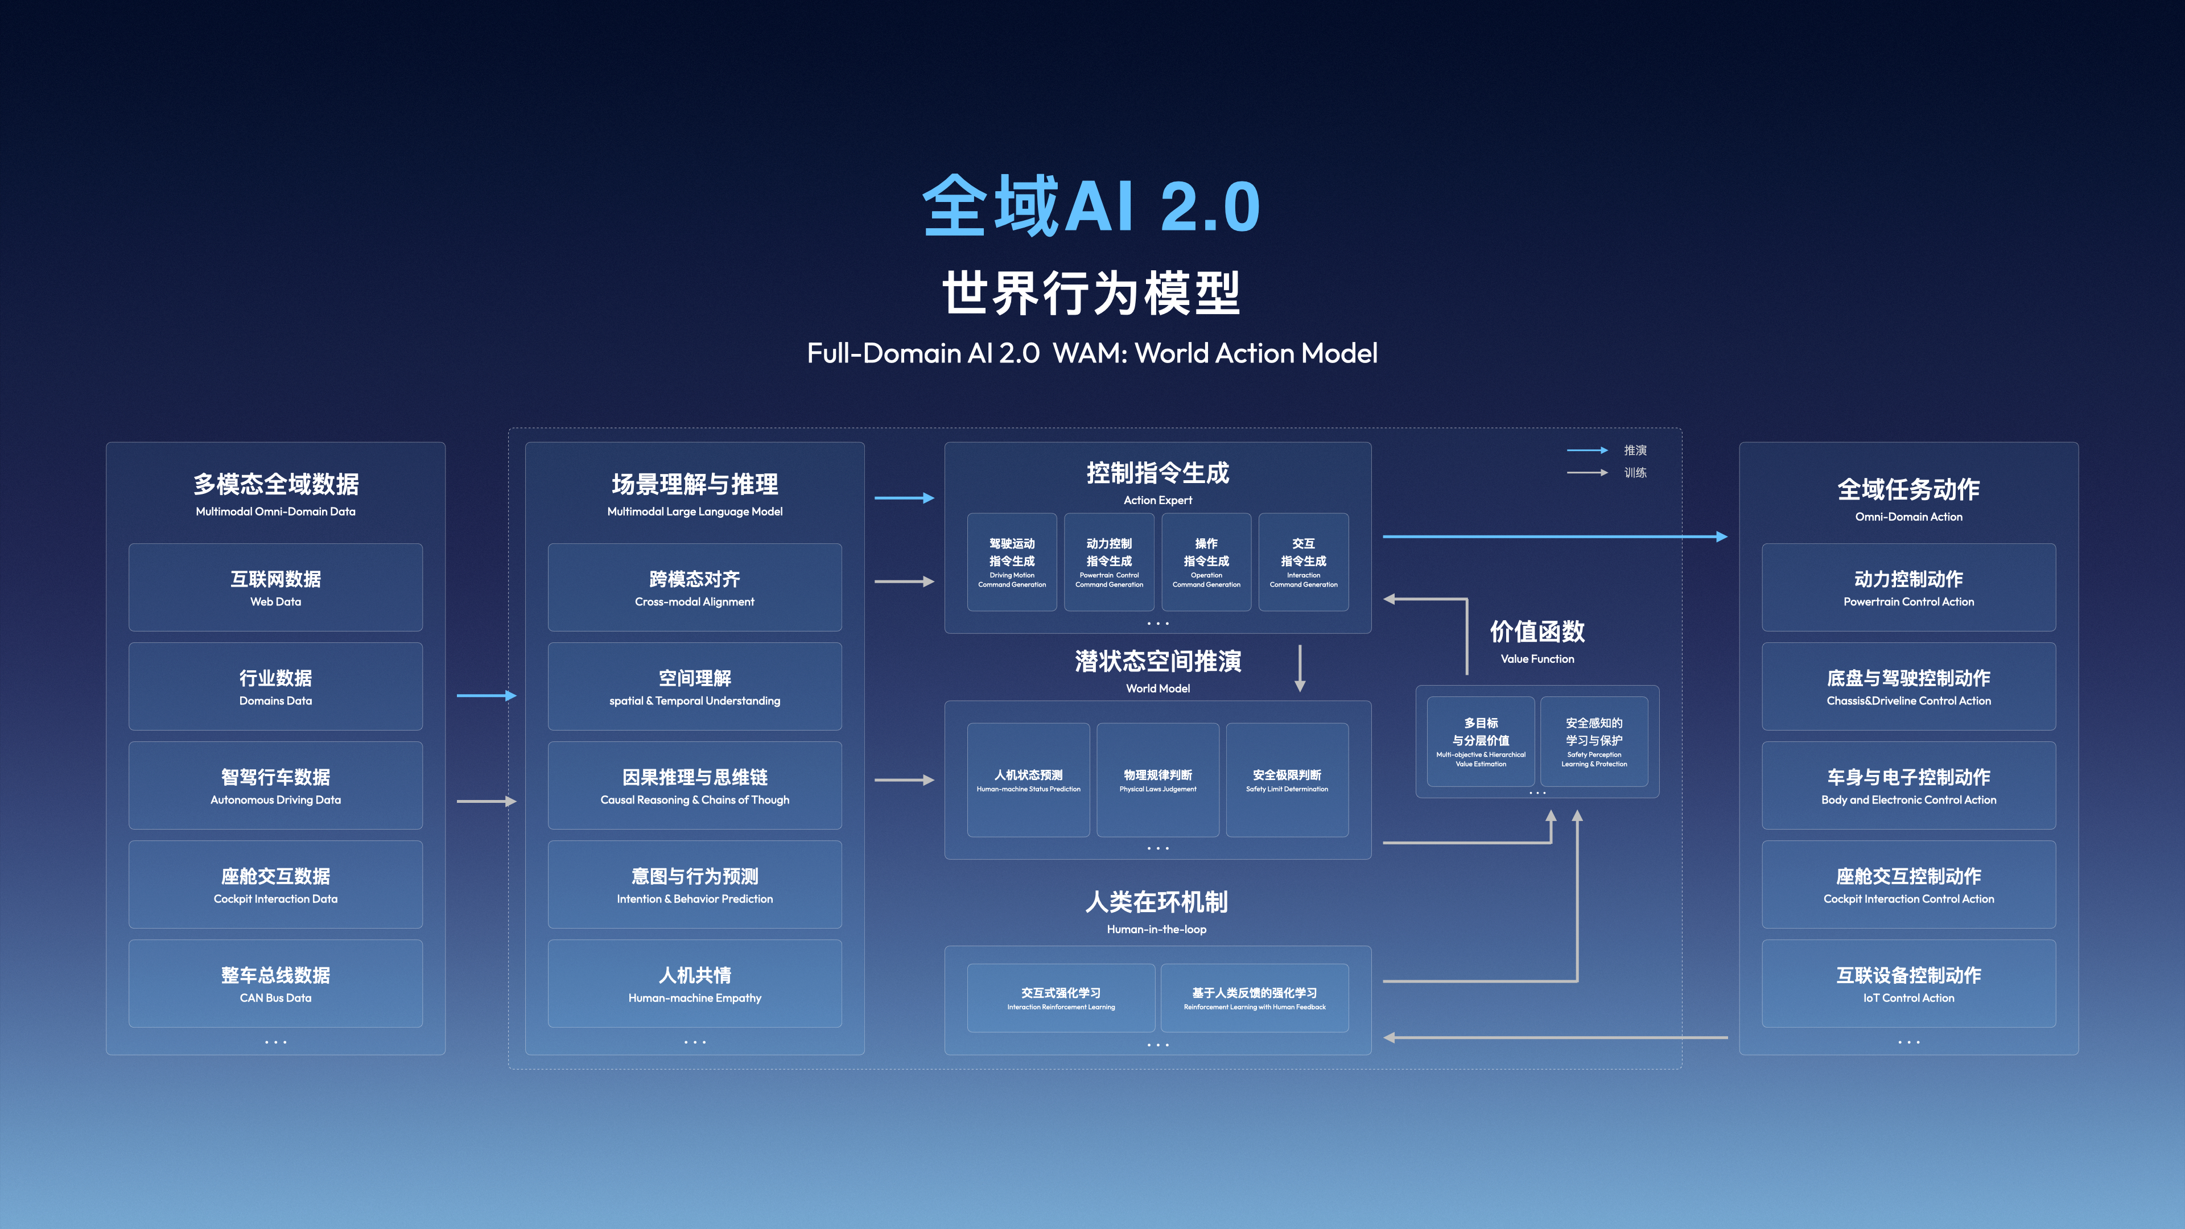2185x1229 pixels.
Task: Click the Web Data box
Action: click(275, 587)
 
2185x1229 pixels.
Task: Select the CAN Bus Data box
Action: click(275, 983)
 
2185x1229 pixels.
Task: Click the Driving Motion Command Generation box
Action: click(1011, 562)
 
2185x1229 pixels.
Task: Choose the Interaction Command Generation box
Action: click(1303, 562)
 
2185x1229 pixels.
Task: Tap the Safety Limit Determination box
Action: click(1287, 780)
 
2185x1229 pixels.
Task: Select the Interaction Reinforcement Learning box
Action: click(1060, 997)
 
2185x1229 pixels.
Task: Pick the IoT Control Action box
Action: click(1908, 983)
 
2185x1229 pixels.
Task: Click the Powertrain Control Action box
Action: click(1908, 587)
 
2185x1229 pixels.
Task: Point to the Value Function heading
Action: click(1537, 632)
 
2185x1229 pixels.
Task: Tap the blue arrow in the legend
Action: click(1586, 451)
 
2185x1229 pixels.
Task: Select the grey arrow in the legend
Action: click(1586, 472)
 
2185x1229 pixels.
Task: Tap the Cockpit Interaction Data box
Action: click(275, 884)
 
